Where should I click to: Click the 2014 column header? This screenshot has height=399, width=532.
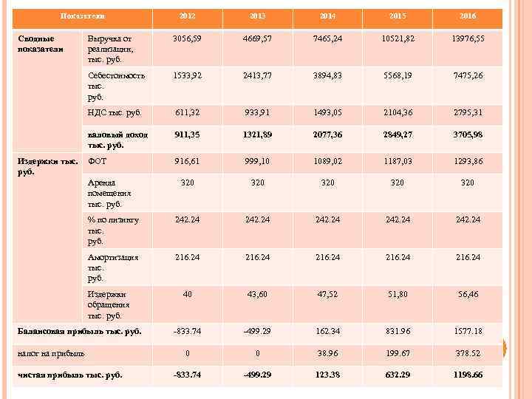[327, 16]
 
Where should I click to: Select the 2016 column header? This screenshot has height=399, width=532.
[467, 16]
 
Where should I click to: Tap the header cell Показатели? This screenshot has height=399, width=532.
[82, 16]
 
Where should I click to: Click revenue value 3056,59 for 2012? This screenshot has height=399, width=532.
[187, 38]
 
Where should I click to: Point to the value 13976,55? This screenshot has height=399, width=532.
[467, 38]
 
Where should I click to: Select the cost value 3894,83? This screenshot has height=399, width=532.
[327, 75]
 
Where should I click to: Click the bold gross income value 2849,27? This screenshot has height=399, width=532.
[397, 134]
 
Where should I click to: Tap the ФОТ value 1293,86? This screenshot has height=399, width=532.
[467, 160]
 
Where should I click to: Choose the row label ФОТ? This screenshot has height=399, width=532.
[97, 160]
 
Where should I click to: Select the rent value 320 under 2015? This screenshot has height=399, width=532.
[397, 183]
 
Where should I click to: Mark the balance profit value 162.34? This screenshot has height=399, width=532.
[327, 331]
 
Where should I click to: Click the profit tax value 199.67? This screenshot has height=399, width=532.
[397, 353]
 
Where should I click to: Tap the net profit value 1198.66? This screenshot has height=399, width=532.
[467, 375]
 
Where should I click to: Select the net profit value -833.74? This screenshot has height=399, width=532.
[187, 375]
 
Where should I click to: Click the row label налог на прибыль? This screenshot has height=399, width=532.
[51, 353]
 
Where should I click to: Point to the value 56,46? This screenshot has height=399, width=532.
[467, 293]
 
